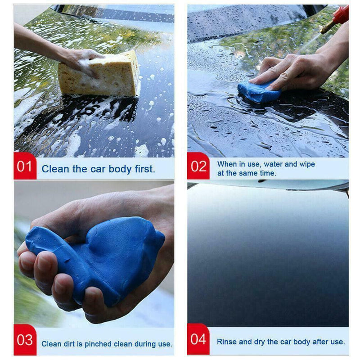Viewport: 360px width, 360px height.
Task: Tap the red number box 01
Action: click(x=25, y=166)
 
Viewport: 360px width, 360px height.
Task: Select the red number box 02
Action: click(x=198, y=166)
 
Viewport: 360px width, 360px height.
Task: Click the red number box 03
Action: click(x=25, y=340)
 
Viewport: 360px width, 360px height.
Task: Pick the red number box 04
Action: click(x=198, y=339)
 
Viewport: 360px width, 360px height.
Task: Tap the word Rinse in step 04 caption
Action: click(x=227, y=342)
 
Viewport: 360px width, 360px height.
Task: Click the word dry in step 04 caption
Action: click(x=260, y=342)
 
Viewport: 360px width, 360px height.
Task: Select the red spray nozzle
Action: click(x=341, y=16)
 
